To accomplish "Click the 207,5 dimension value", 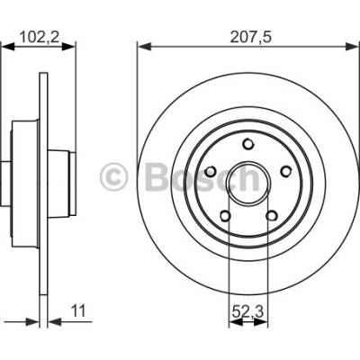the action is [251, 38].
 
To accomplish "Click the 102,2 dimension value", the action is [39, 38].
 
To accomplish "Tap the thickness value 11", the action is [78, 310].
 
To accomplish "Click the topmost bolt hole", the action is [248, 144].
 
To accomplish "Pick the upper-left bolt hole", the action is [211, 171].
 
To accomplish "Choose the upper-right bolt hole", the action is [285, 171].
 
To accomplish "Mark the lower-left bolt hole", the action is [225, 215].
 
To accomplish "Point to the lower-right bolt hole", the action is [272, 215].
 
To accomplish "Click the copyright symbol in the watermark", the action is [114, 177].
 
